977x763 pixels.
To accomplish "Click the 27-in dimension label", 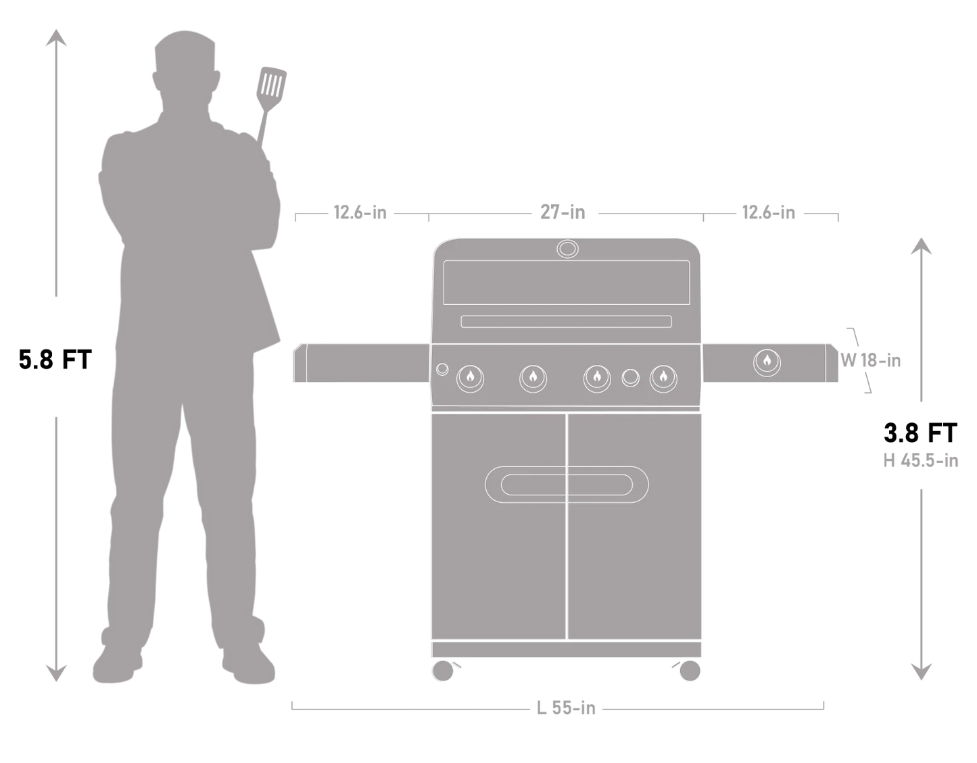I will (x=562, y=212).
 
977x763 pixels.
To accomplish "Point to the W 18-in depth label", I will (x=871, y=361).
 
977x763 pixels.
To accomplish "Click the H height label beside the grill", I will (x=920, y=461).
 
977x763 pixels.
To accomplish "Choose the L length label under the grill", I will (x=565, y=709).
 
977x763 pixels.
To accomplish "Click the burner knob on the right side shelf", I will (x=767, y=362).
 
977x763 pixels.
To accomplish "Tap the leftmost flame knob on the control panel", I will (x=471, y=378).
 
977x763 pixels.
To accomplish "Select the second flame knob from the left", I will (x=533, y=378).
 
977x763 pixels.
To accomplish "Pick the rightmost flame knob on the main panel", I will (x=663, y=378).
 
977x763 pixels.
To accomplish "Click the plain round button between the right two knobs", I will (x=630, y=378).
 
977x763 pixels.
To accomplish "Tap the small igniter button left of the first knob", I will (x=442, y=369).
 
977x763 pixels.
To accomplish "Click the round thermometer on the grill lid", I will (x=567, y=249).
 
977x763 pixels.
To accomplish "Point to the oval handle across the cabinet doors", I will (x=567, y=485).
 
